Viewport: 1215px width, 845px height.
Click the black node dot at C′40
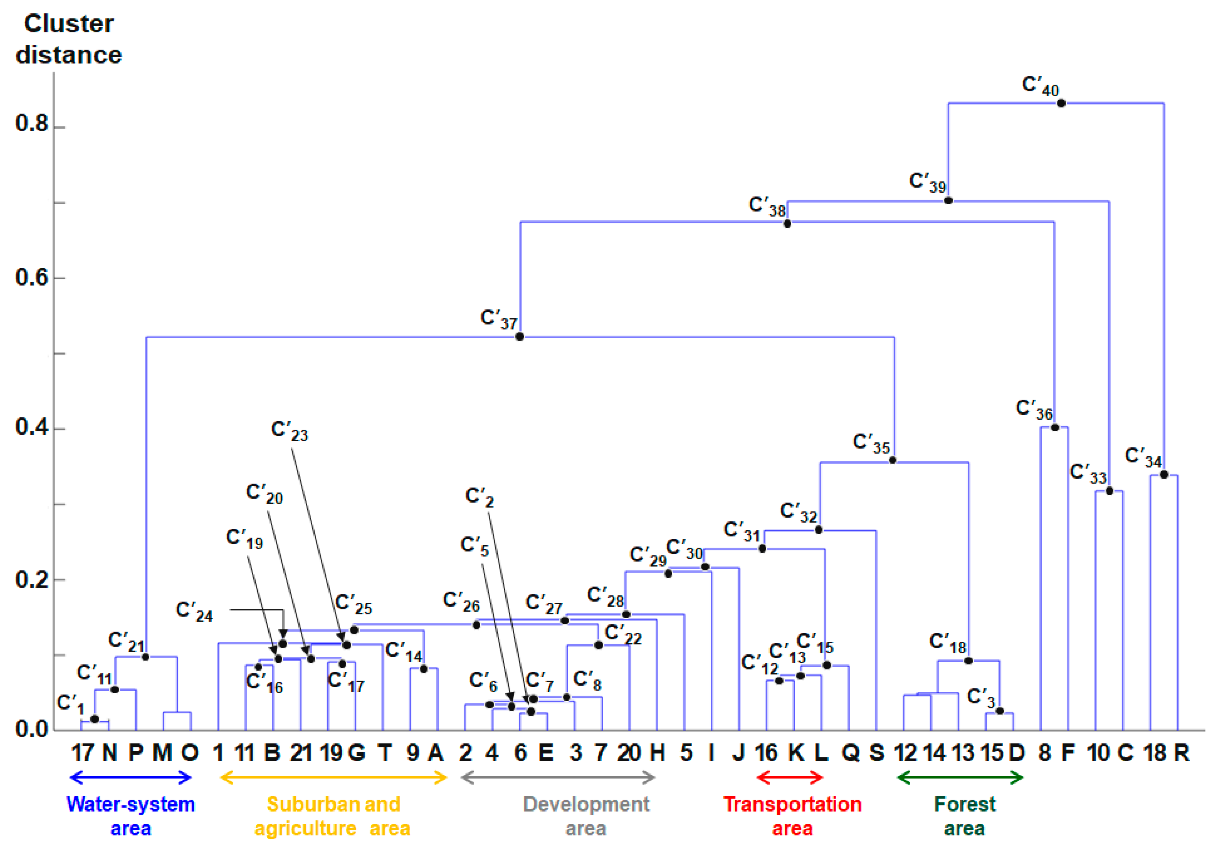(x=1061, y=103)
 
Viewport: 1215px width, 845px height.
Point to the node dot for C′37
(x=520, y=337)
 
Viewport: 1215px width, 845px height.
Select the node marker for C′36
(x=1055, y=427)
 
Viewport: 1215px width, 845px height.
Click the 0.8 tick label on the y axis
(x=32, y=123)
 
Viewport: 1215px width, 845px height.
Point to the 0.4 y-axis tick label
(x=32, y=427)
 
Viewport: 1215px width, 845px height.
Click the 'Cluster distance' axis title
(x=69, y=40)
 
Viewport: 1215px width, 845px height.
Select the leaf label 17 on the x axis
(x=82, y=752)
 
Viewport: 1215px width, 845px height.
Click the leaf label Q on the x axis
(x=850, y=752)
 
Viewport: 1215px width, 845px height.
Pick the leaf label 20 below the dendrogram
(x=629, y=752)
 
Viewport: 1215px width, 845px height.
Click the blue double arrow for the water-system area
(x=130, y=778)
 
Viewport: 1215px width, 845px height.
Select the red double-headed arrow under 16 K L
(x=790, y=778)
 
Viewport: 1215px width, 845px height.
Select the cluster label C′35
(x=871, y=444)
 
